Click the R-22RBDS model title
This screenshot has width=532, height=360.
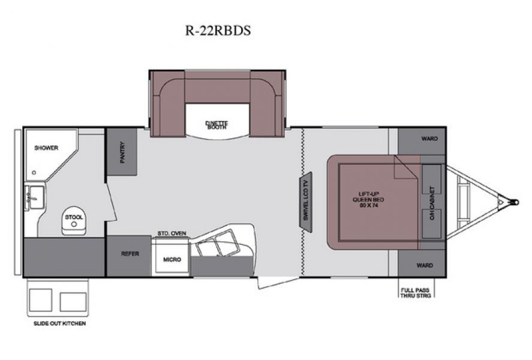coord(218,31)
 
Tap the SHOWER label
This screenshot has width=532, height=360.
coord(46,148)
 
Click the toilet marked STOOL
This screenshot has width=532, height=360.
coord(73,221)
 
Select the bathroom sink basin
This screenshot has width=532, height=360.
coord(34,196)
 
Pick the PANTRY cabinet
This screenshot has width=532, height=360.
coord(122,152)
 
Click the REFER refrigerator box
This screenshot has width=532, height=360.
coord(129,254)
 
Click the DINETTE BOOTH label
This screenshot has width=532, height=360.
coord(217,125)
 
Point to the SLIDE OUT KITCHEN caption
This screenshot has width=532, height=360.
coord(59,323)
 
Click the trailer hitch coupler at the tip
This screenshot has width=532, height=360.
coord(515,202)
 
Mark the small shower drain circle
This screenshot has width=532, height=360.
coord(34,172)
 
